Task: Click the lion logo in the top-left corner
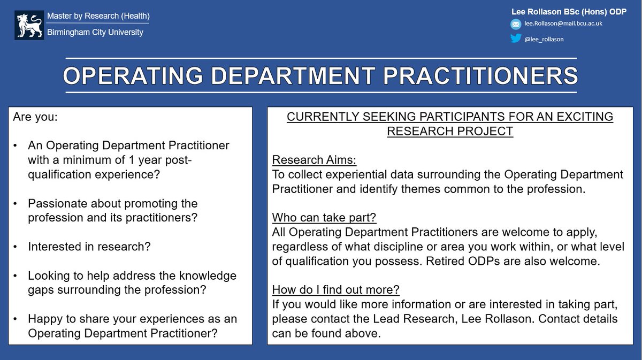[29, 25]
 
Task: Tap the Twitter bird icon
[515, 38]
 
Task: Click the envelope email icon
[515, 24]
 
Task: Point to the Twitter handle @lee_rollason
[544, 39]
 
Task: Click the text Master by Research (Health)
[98, 16]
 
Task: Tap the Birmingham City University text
[95, 32]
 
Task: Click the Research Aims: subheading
[314, 160]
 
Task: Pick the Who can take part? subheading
[324, 218]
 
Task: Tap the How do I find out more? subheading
[336, 290]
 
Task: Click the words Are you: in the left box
[35, 117]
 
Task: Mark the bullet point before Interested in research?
[16, 247]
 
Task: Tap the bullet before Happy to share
[16, 319]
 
